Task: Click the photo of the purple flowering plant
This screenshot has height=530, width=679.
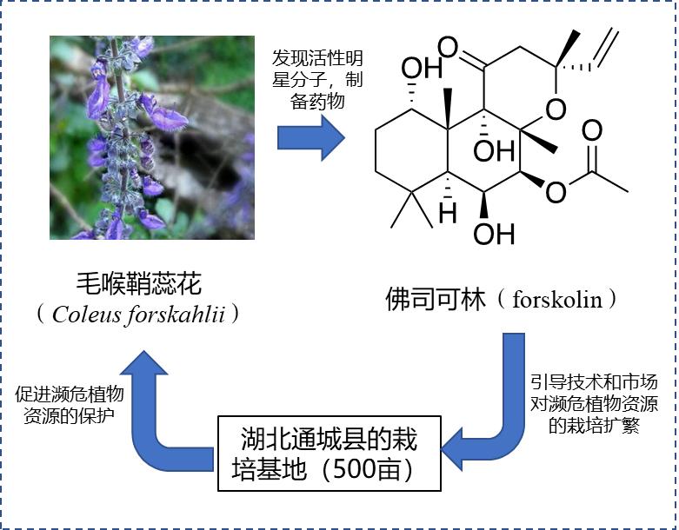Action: coord(151,136)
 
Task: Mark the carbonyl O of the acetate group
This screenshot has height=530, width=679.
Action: coord(591,132)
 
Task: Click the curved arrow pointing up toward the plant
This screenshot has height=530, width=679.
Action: coord(161,408)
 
